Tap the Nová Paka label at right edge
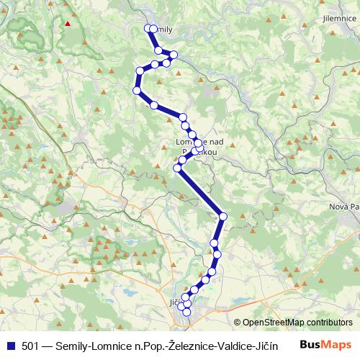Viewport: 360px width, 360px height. pyautogui.click(x=344, y=207)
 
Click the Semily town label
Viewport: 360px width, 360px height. pyautogui.click(x=163, y=30)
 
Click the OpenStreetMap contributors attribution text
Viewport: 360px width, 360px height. pyautogui.click(x=297, y=323)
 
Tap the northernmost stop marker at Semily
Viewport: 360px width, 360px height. pyautogui.click(x=148, y=28)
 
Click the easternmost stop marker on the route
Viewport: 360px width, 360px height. pyautogui.click(x=223, y=216)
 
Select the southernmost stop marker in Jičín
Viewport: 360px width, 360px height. pyautogui.click(x=187, y=312)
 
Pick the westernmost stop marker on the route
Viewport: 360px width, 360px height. pyautogui.click(x=136, y=90)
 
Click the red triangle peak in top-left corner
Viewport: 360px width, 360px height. pyautogui.click(x=67, y=22)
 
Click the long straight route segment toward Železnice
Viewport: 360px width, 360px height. pyautogui.click(x=200, y=192)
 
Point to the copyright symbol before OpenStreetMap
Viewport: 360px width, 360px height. pyautogui.click(x=237, y=323)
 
